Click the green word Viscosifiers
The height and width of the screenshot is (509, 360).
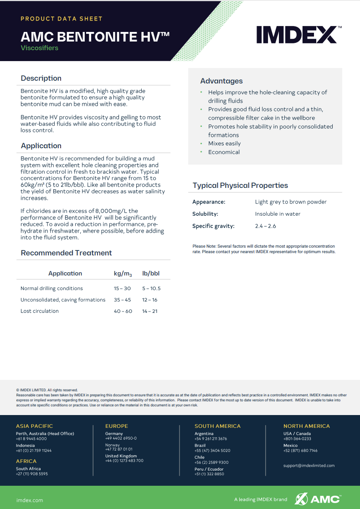(40, 48)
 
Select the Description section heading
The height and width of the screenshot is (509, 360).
(41, 78)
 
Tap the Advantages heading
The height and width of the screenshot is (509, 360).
(221, 81)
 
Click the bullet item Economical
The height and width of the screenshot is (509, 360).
(224, 152)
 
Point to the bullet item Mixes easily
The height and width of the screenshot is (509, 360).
(224, 144)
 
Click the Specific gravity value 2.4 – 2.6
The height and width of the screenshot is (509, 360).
(265, 226)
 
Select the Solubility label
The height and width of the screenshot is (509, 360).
(205, 214)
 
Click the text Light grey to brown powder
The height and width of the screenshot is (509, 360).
(291, 202)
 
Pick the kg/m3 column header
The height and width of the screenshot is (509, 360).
(123, 274)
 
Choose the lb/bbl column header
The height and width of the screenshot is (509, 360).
(151, 274)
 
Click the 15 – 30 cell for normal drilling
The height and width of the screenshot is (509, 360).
(122, 289)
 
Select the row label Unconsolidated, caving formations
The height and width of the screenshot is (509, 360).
(63, 300)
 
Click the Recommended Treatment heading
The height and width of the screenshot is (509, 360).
(66, 253)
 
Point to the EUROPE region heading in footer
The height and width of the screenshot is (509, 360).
(117, 426)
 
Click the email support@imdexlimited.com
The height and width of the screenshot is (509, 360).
(309, 466)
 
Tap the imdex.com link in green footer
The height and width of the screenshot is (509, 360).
(30, 500)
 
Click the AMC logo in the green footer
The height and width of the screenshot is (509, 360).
(318, 499)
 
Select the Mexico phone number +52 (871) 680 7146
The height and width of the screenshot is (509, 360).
(300, 451)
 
